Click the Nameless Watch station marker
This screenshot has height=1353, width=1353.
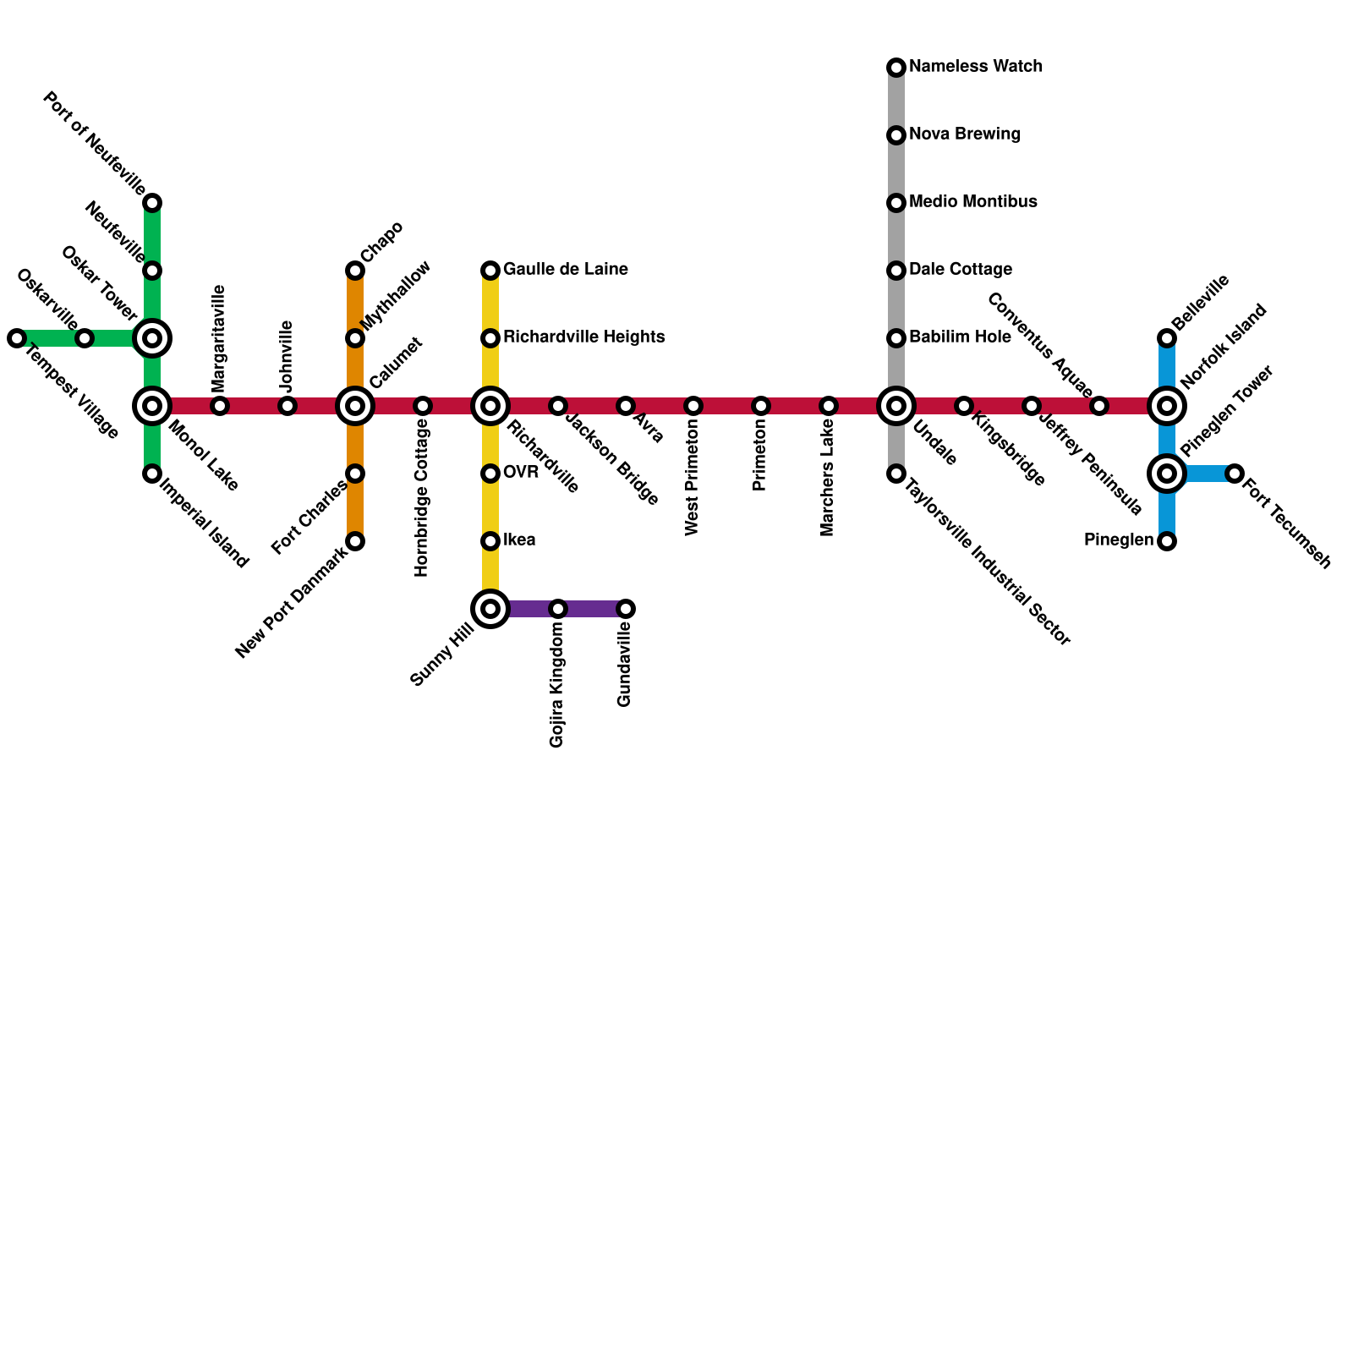coord(896,68)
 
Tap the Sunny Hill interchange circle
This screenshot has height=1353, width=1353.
coord(490,609)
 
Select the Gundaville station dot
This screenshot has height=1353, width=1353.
coord(626,609)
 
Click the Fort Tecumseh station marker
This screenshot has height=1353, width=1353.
coord(1235,474)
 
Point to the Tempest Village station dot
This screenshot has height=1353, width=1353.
coord(17,338)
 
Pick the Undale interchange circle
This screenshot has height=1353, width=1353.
coord(896,406)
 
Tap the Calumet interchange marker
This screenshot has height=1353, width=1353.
coord(355,406)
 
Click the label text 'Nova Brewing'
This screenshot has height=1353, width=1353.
coord(965,134)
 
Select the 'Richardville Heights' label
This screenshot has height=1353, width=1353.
coord(583,337)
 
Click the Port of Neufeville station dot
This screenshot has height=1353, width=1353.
coord(152,203)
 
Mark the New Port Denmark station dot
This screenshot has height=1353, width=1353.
coord(355,541)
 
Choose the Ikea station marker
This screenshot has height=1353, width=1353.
coord(490,541)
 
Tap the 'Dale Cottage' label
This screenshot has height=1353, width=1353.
coord(961,270)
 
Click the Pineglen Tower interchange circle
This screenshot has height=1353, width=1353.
coord(1167,474)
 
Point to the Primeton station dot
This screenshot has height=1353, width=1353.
coord(761,406)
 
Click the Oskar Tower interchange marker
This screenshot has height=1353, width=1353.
coord(152,338)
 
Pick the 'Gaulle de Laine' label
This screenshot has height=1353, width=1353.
coord(565,270)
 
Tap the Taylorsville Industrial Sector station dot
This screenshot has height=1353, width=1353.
coord(896,474)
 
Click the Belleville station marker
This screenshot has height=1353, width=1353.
coord(1167,338)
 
